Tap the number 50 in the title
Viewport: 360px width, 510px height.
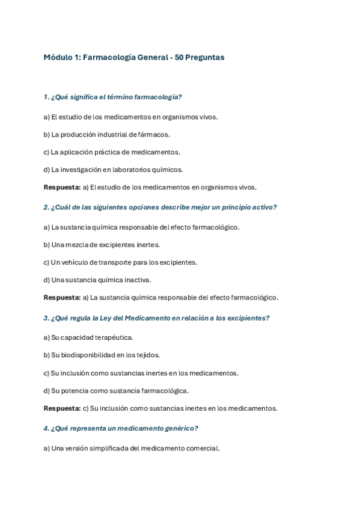(180, 58)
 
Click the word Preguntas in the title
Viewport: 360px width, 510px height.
(206, 58)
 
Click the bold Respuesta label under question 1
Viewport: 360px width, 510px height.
(62, 187)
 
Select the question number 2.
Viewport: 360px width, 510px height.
(46, 207)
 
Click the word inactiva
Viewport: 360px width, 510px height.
(138, 280)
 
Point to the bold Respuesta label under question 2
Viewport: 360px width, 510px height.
(62, 297)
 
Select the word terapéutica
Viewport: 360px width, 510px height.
(112, 337)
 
